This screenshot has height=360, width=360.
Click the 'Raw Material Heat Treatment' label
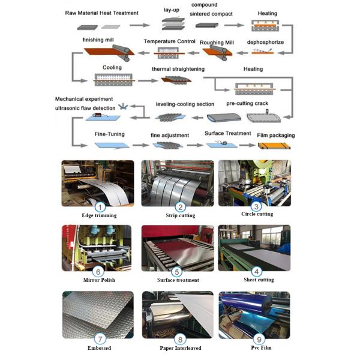101,13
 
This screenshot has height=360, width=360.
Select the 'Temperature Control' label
169,41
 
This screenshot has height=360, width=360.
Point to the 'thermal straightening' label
178,69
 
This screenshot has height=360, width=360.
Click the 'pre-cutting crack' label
247,103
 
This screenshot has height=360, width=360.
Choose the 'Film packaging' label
275,135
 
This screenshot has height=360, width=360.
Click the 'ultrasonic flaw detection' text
85,108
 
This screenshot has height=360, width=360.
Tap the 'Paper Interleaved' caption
180,347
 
